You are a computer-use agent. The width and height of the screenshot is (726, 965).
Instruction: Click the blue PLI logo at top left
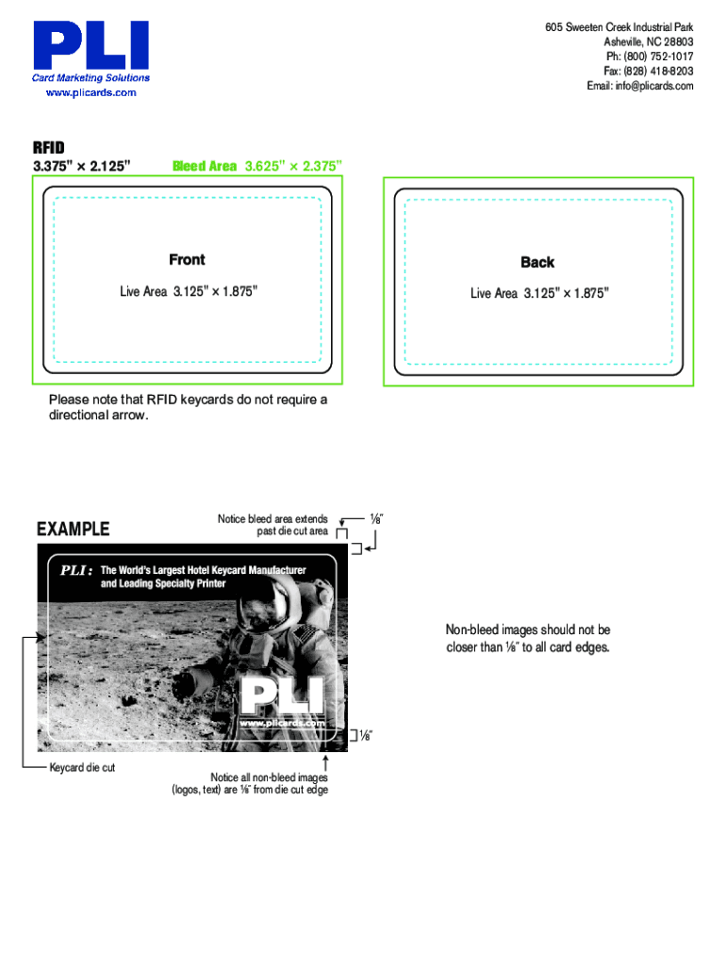click(91, 45)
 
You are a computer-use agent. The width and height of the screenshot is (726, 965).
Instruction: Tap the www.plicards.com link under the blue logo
click(91, 93)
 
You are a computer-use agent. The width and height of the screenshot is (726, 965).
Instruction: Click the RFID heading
click(49, 148)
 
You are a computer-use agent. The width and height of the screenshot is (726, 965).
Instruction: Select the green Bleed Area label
click(205, 166)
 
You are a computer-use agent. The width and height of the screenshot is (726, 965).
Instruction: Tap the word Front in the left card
click(188, 260)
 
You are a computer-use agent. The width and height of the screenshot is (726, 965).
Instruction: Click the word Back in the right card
click(537, 262)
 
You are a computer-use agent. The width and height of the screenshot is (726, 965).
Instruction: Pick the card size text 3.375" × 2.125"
click(82, 166)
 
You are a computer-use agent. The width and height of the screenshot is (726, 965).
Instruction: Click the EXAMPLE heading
click(74, 529)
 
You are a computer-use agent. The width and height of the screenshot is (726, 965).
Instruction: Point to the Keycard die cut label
click(83, 767)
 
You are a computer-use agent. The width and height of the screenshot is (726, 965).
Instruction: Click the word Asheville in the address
click(623, 41)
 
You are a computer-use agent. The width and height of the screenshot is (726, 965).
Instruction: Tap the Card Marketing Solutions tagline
click(91, 78)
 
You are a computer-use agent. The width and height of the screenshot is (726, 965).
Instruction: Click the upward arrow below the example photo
click(325, 763)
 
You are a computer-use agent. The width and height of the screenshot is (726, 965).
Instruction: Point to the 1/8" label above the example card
click(376, 519)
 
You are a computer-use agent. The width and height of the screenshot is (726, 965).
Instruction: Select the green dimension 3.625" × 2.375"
click(293, 166)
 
